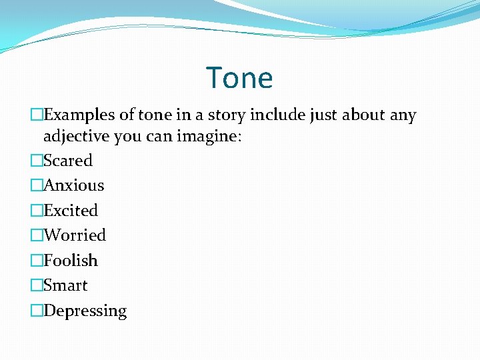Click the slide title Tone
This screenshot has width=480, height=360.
tap(239, 78)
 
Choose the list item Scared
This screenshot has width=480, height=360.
tap(67, 161)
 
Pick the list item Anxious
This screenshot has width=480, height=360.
tap(73, 185)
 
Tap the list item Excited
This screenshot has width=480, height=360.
tap(70, 211)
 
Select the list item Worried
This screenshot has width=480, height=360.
tap(74, 235)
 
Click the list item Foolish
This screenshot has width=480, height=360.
tap(70, 261)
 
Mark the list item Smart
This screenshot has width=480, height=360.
tap(65, 285)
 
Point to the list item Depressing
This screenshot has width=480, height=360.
tap(85, 311)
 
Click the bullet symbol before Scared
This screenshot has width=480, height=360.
tap(36, 161)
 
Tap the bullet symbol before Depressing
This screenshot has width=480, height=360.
tap(36, 311)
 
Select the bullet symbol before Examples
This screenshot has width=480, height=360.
tap(36, 115)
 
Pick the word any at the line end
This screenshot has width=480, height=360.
tap(403, 116)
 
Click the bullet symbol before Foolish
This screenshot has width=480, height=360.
tap(36, 261)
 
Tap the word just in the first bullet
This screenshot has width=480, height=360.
tap(324, 115)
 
